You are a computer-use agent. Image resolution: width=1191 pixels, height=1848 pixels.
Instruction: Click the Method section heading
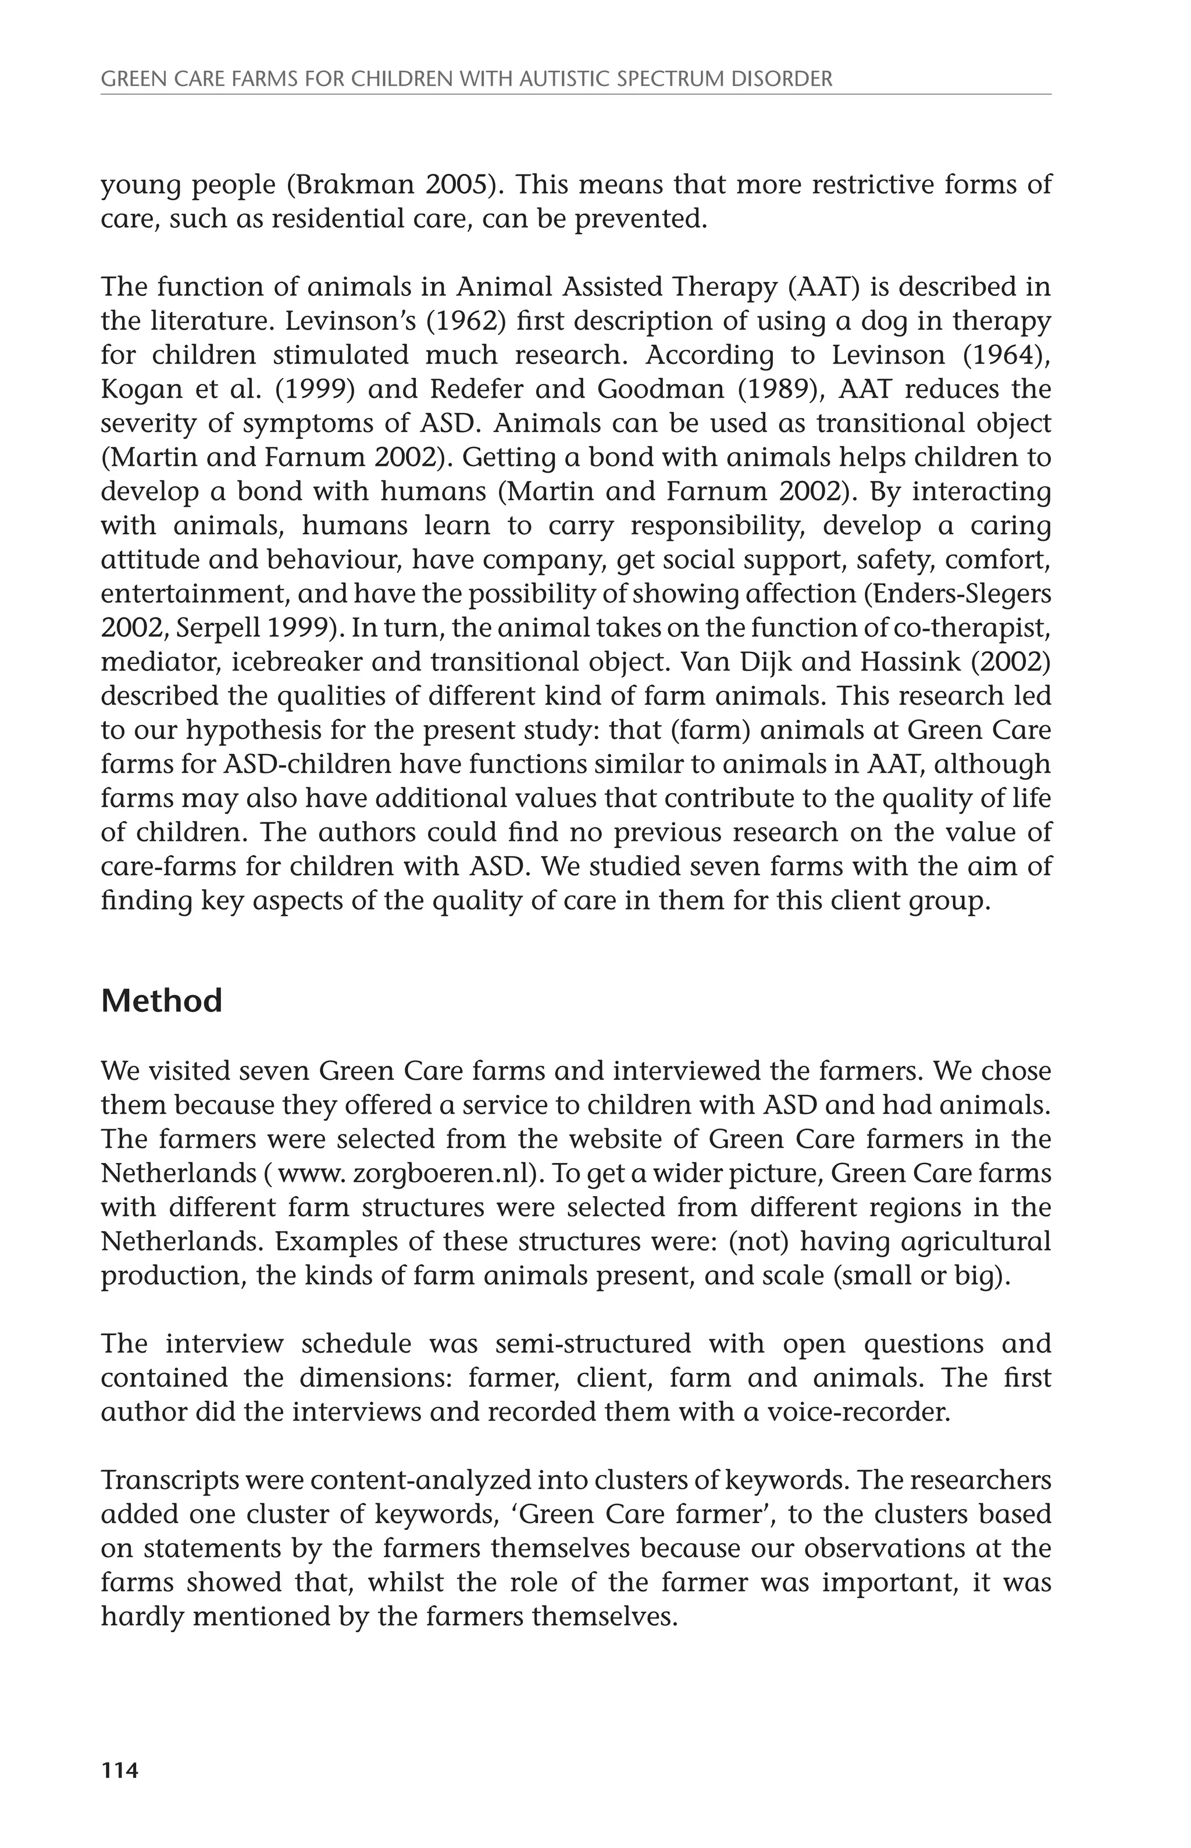click(x=162, y=1001)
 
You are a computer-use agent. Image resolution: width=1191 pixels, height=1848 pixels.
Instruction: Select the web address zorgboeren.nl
click(x=445, y=1173)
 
